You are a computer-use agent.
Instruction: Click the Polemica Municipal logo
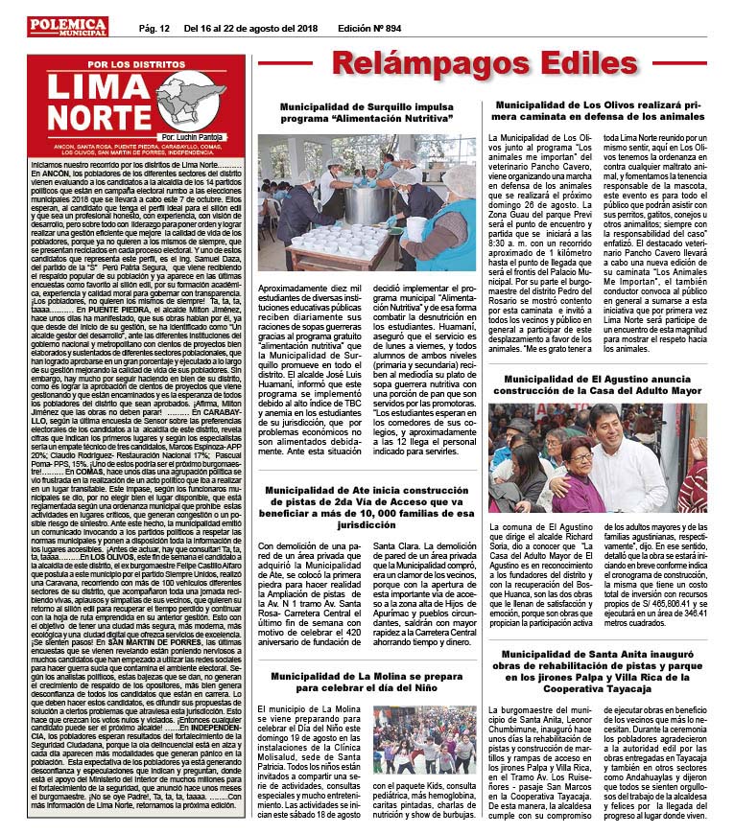point(68,26)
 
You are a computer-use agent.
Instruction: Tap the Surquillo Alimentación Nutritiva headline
point(367,114)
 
